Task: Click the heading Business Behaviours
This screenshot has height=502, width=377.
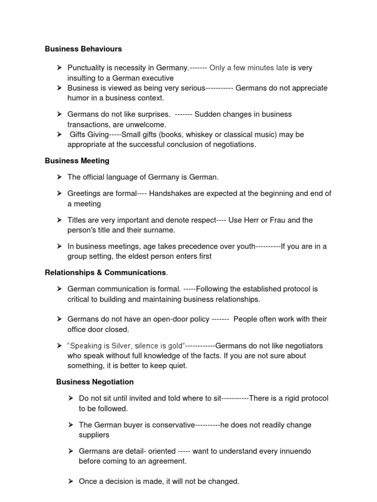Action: click(83, 49)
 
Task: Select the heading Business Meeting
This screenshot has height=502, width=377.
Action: click(77, 161)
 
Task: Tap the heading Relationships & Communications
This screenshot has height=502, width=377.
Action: click(106, 273)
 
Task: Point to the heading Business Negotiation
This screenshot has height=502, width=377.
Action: click(95, 382)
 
